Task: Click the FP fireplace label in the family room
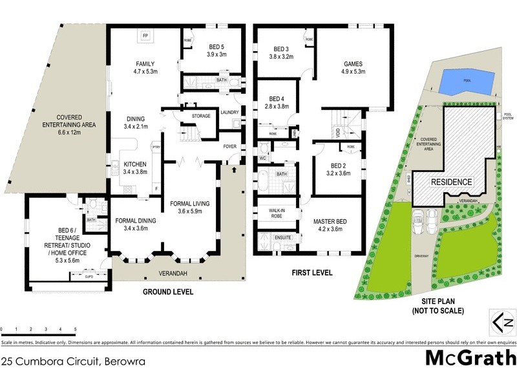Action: [145, 36]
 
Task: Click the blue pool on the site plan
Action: [464, 82]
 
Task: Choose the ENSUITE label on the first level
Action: [283, 239]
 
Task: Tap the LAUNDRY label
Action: [229, 112]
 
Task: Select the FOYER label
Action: [229, 145]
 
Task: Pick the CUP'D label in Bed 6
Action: [89, 276]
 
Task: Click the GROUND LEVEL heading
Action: [167, 292]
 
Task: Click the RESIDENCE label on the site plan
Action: [452, 182]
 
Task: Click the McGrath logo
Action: [470, 358]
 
